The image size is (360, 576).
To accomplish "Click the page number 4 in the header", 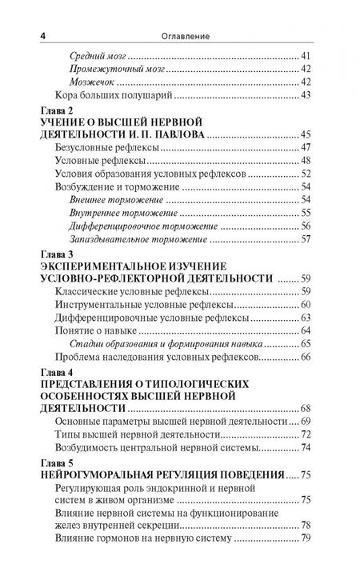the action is coord(31,35).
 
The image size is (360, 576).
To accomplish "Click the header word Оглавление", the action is coord(178,35).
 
